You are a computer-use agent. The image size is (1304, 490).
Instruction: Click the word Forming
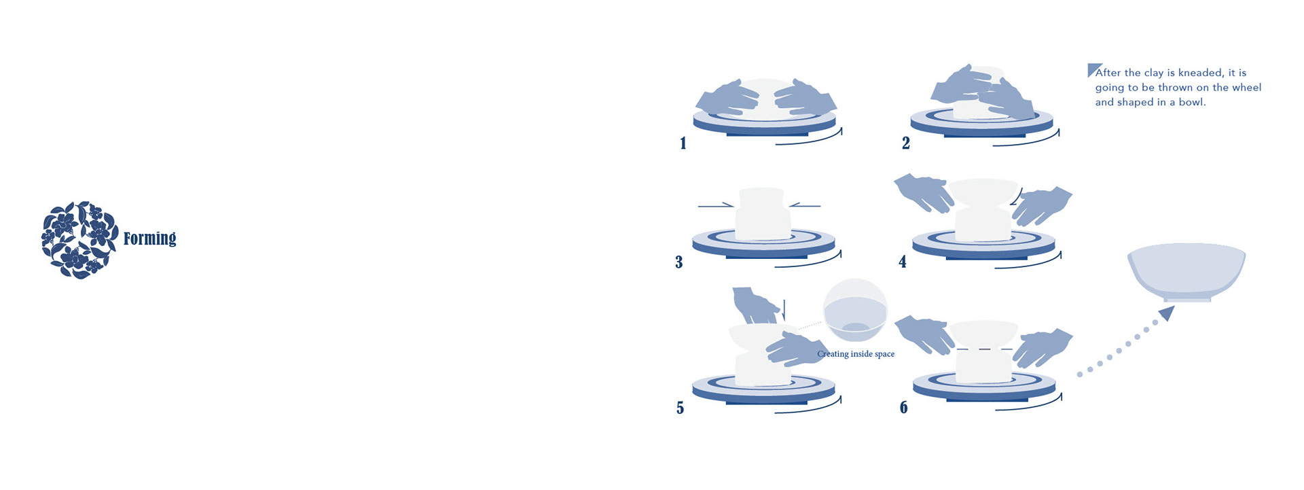tap(149, 238)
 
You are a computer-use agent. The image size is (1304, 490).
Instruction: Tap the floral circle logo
tap(79, 239)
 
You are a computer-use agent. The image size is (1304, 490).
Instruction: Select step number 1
tap(683, 143)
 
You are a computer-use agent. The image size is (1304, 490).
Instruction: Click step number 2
tap(905, 143)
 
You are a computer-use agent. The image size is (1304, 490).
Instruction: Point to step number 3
tap(678, 262)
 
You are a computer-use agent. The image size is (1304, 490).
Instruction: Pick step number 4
tap(902, 262)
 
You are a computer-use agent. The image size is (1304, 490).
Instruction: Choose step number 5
tap(680, 408)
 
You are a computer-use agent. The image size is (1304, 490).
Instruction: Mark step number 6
tap(903, 407)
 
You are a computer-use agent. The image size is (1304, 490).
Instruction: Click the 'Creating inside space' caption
tap(856, 354)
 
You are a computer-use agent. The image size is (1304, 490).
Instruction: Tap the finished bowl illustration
tap(1187, 272)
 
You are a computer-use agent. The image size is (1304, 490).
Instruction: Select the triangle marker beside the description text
tap(1093, 69)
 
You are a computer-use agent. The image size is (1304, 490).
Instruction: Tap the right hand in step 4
tap(1040, 205)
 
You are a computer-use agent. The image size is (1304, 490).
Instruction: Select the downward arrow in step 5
tap(784, 309)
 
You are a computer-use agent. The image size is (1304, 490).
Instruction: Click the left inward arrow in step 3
tap(716, 205)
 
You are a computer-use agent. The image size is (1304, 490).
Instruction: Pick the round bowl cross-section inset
tap(855, 311)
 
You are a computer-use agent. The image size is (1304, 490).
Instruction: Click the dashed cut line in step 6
tap(983, 349)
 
